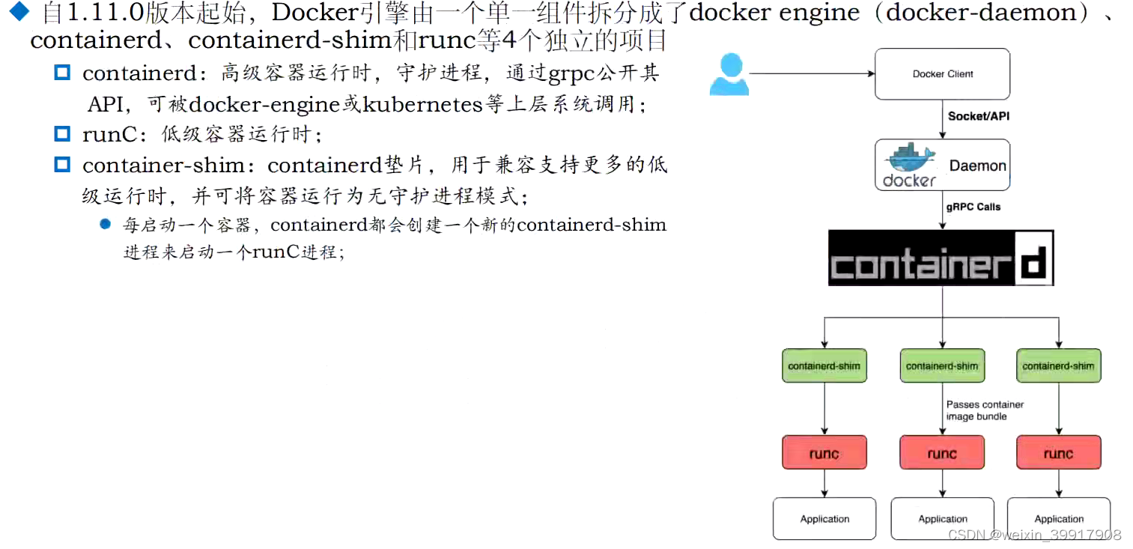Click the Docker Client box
pos(942,74)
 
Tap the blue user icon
pos(729,75)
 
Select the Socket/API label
pos(979,116)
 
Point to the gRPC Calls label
pos(973,207)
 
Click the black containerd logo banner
pos(941,258)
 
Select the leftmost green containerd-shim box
pos(824,366)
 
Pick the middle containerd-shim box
pos(941,366)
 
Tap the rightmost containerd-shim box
pos(1058,366)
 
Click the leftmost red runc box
pos(824,453)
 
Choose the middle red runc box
pos(941,453)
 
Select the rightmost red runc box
pos(1058,453)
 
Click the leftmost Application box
pos(824,518)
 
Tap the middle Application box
pos(942,518)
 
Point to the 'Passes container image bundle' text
pos(984,410)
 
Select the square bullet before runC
pos(62,134)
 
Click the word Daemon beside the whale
pos(977,166)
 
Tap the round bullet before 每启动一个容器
pos(105,224)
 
